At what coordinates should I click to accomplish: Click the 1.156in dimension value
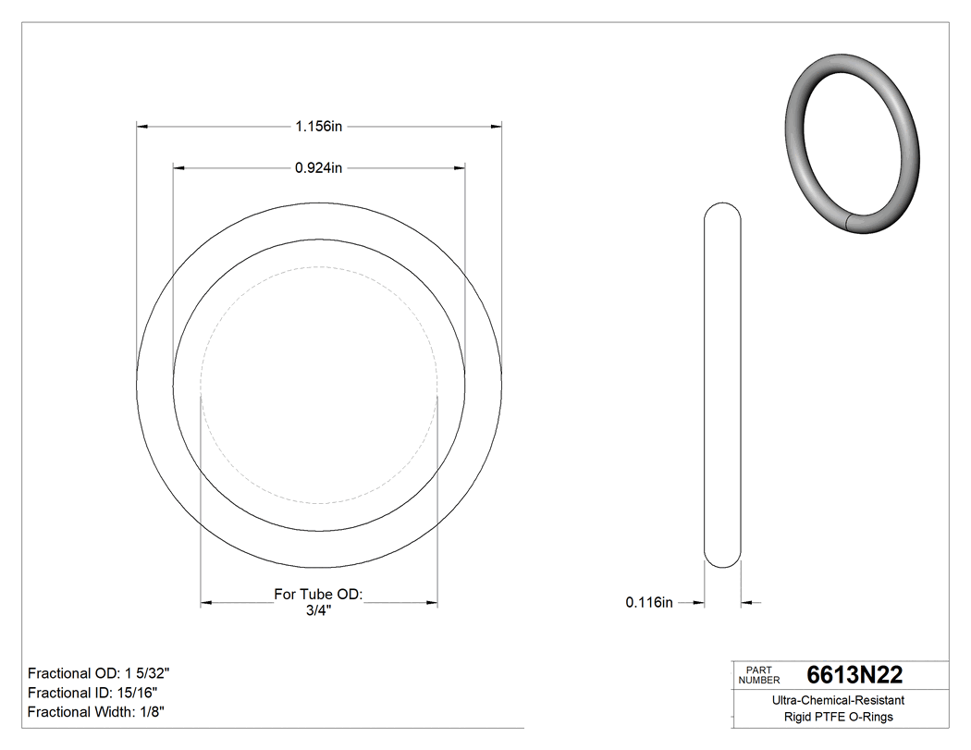(319, 126)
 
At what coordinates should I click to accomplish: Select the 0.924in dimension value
(319, 168)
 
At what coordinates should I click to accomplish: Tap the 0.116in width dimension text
(649, 603)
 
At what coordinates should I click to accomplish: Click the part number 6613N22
(854, 675)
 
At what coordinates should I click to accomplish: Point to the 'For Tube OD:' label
(319, 594)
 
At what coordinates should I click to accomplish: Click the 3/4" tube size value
(319, 610)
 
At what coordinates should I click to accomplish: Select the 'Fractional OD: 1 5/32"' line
(99, 673)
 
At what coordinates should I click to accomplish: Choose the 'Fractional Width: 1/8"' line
(96, 712)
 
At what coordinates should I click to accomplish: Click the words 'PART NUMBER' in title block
(759, 675)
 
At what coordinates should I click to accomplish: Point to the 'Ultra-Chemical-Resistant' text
(838, 701)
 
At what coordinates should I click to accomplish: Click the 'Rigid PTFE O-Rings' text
(838, 718)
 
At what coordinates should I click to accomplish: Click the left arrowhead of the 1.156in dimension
(143, 126)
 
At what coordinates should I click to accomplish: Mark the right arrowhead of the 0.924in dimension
(458, 168)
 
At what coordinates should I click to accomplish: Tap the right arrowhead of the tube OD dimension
(431, 603)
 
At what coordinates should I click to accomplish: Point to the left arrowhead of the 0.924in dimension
(180, 168)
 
